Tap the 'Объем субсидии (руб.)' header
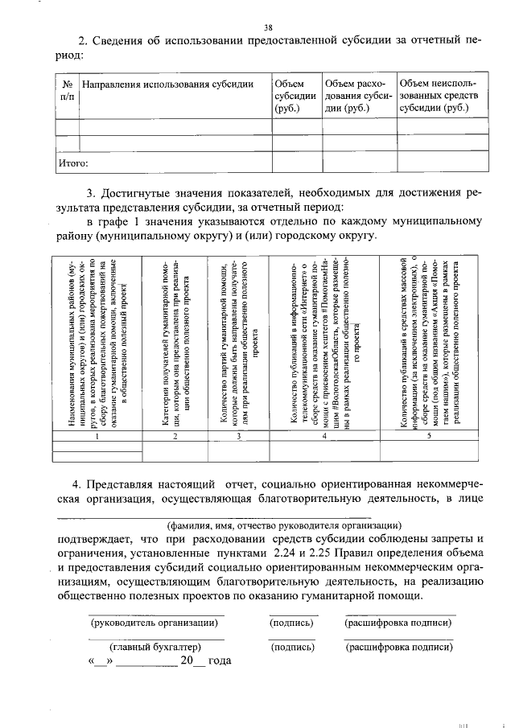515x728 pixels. coord(295,96)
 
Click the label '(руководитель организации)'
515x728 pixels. coord(153,623)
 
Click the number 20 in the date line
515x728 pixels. coord(187,660)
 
